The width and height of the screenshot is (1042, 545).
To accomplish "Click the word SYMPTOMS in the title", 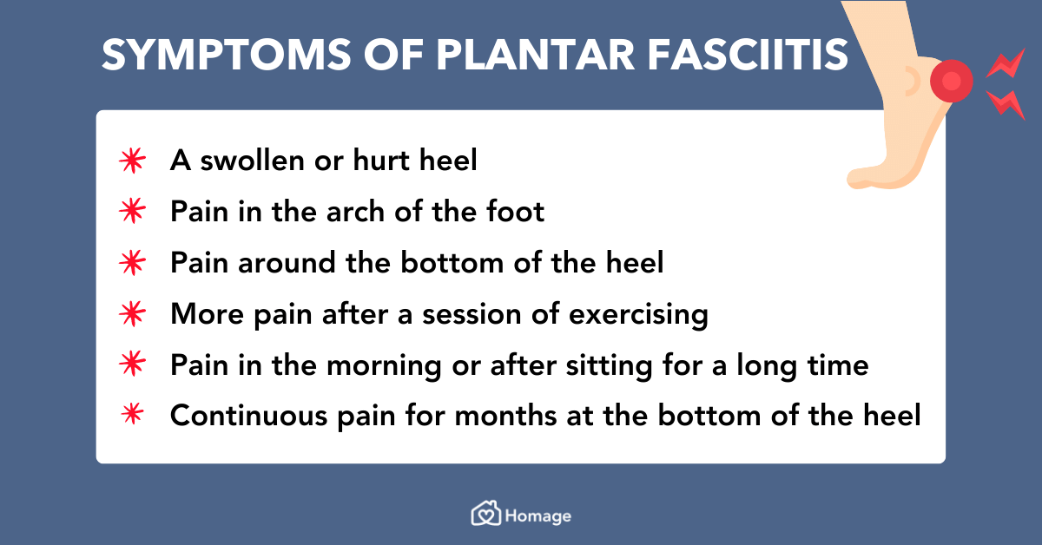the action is pos(227,55).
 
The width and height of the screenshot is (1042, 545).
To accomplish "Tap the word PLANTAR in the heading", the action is pos(536,55).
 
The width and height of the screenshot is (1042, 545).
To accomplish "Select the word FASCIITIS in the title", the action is pos(748,55).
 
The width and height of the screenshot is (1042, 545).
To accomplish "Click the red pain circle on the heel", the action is pos(952,81).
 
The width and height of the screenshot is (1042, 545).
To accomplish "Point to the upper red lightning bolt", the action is pos(1006,64).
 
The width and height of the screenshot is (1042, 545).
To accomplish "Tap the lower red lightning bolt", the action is pos(1006,105).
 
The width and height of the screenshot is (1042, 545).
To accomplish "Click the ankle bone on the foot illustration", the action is pos(912,81).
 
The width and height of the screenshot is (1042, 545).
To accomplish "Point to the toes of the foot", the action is pos(861,179).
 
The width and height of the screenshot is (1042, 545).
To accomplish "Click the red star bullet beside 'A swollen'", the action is pos(133,161).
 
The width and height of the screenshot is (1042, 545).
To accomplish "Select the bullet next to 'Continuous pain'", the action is pos(133,413).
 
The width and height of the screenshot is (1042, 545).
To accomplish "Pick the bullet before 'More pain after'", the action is pos(133,313).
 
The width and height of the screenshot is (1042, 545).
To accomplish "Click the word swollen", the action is pos(253,161).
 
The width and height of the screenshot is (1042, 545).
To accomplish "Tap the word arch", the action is pos(355,212).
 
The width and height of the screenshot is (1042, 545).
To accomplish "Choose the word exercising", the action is pos(638,315).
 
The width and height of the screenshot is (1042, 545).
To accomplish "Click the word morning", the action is pos(384,366).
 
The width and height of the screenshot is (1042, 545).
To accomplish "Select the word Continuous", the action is pos(249,416).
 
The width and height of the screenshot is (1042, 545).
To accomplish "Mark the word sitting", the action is pos(610,366).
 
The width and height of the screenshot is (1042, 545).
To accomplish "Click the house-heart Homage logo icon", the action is pos(486,514).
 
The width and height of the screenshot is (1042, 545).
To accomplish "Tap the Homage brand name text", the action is pos(538,516).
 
